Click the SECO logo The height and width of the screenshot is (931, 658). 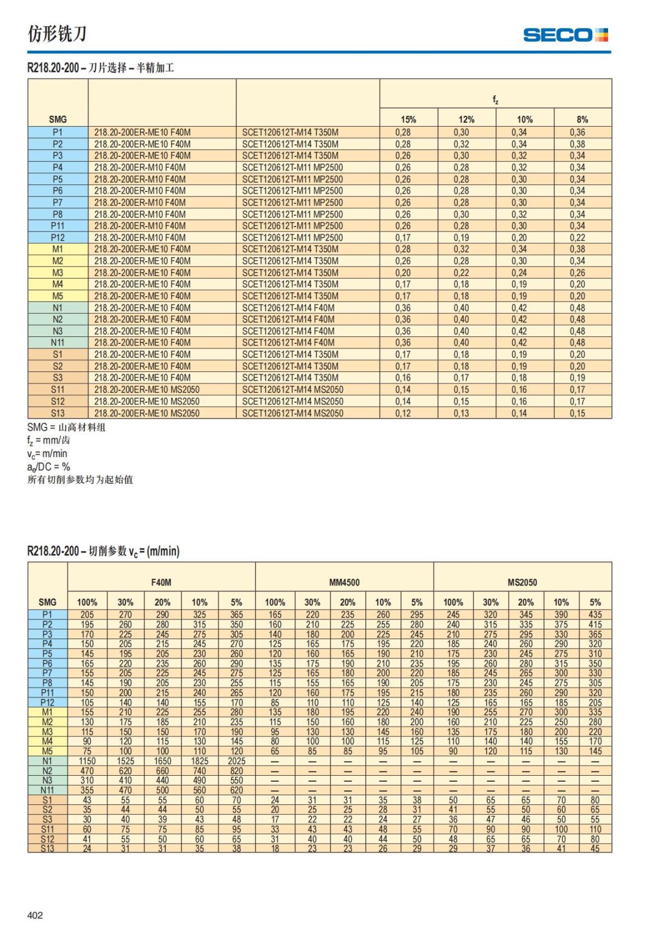pos(565,35)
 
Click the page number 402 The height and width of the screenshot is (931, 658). pos(35,915)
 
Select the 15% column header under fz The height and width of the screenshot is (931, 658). pos(408,119)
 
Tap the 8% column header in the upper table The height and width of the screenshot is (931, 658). pos(582,119)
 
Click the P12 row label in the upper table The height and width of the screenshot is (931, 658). pos(58,238)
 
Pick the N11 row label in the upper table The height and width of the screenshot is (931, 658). pos(58,342)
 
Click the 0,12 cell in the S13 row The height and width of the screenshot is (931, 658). pos(403,413)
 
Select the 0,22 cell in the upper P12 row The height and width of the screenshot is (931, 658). pos(577,238)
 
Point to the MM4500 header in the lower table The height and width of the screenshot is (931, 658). pos(344,582)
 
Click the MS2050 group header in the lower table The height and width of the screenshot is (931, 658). pos(522,582)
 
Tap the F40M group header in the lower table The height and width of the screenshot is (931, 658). pos(161,582)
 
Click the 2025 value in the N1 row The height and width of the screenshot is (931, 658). pos(236,761)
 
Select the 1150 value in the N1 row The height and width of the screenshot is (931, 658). pos(87,761)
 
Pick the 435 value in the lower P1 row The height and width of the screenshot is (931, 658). pos(595,615)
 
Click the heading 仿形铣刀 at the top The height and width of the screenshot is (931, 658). pos(57,34)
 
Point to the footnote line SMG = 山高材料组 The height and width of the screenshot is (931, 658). pos(66,427)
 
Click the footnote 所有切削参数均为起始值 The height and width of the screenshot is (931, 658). pos(80,480)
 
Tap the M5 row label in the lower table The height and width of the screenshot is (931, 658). pos(47,751)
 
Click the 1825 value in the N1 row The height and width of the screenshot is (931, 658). pos(200,761)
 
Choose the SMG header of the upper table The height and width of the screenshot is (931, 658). pos(58,119)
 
